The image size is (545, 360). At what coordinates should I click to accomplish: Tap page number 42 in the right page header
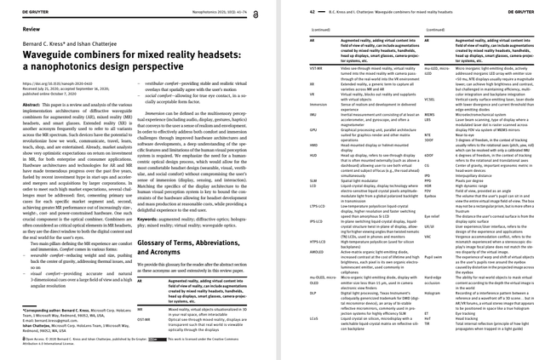[289, 6]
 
